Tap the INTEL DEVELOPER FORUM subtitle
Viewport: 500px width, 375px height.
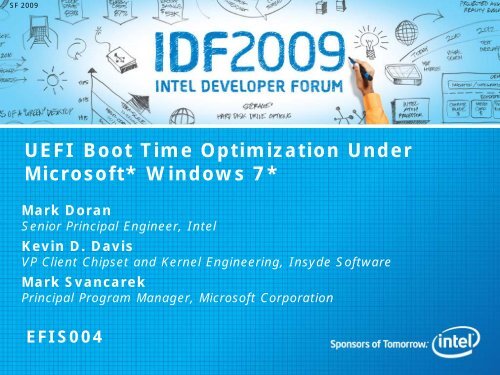click(x=250, y=72)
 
